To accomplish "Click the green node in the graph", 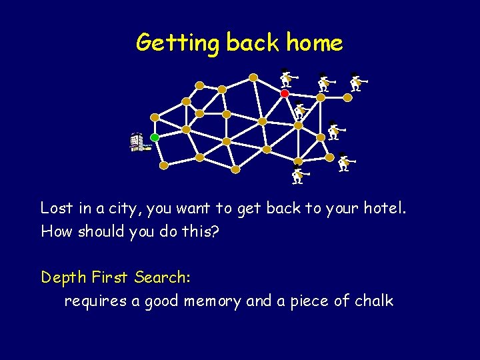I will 155,137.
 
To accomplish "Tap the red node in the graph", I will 285,94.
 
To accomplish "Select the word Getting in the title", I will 177,43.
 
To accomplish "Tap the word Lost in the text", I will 57,208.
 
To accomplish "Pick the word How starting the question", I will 55,231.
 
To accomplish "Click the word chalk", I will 374,301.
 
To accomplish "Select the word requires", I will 94,301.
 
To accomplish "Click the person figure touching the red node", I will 287,79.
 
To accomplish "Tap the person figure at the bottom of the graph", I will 299,176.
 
